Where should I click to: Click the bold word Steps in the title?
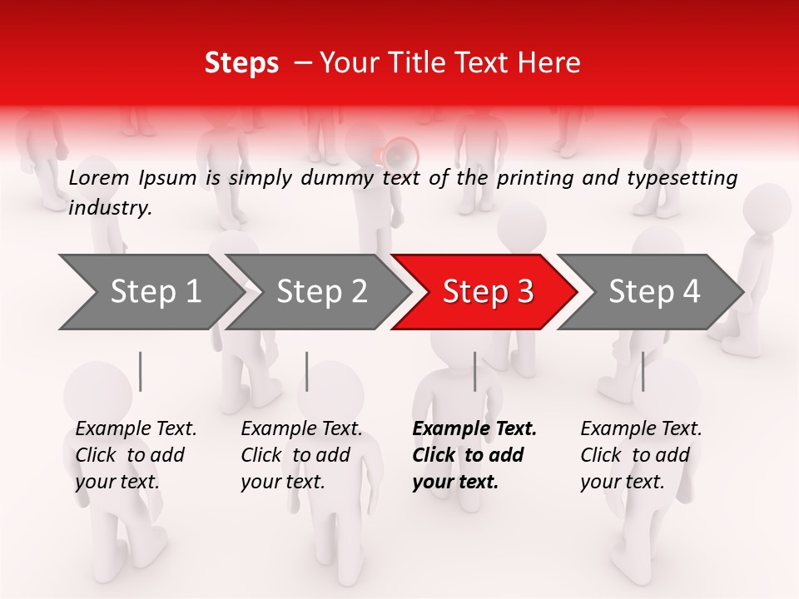[x=241, y=63]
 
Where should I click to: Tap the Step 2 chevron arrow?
[x=316, y=292]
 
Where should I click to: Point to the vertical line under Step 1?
[x=141, y=371]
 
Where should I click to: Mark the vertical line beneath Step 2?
[x=307, y=371]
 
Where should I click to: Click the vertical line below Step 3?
[x=475, y=371]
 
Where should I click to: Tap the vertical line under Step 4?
[x=643, y=371]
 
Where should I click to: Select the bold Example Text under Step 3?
[x=474, y=429]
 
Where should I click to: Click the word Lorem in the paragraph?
[x=99, y=177]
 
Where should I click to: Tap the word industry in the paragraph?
[x=109, y=208]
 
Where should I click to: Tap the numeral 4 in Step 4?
[x=690, y=292]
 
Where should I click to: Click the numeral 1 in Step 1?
[x=192, y=292]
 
